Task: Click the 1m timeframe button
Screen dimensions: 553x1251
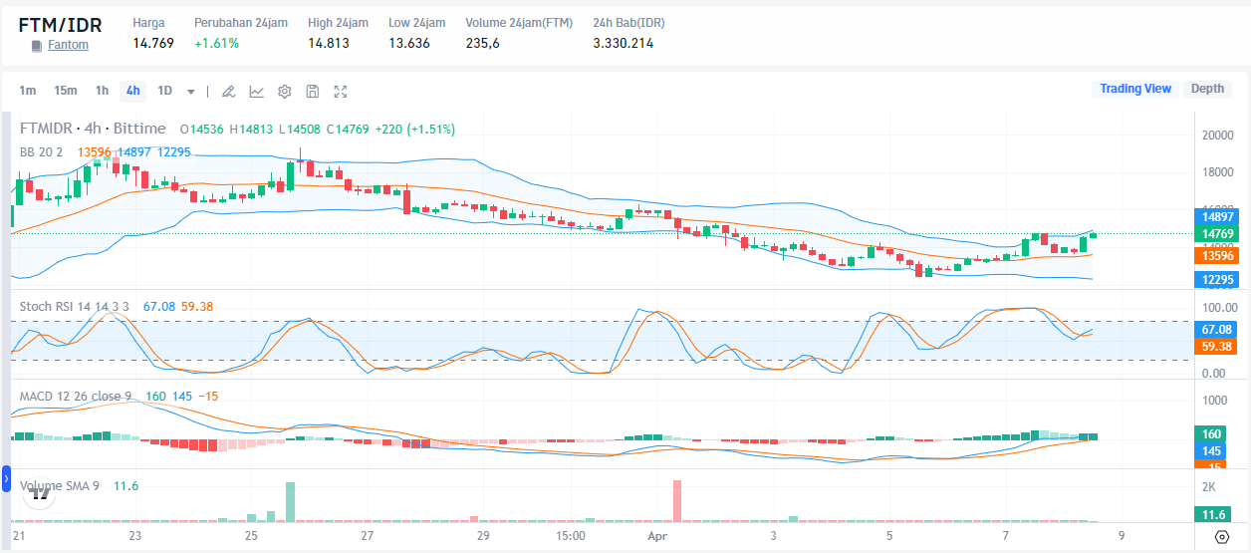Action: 28,91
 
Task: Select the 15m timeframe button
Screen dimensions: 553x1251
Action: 66,91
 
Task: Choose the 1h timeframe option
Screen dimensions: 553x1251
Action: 102,91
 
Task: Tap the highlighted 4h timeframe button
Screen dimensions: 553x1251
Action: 132,91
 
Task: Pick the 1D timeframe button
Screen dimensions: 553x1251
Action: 164,91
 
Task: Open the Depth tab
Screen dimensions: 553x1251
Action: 1207,89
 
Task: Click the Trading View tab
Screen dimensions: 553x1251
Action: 1135,89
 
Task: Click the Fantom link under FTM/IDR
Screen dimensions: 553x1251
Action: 68,45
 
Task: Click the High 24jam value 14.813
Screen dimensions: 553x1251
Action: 329,43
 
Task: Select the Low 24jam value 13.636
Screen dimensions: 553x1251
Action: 409,43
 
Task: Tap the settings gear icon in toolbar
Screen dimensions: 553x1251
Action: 284,92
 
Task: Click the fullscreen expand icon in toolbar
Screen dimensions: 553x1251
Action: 341,92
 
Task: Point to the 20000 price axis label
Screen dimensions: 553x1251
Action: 1218,136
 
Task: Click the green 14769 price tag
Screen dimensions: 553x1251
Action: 1218,234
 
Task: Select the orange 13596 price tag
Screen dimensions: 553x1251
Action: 1218,256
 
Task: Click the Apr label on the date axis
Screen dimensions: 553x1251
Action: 656,536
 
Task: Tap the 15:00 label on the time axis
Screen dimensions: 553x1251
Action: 570,536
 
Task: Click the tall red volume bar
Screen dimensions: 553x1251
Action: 677,501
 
